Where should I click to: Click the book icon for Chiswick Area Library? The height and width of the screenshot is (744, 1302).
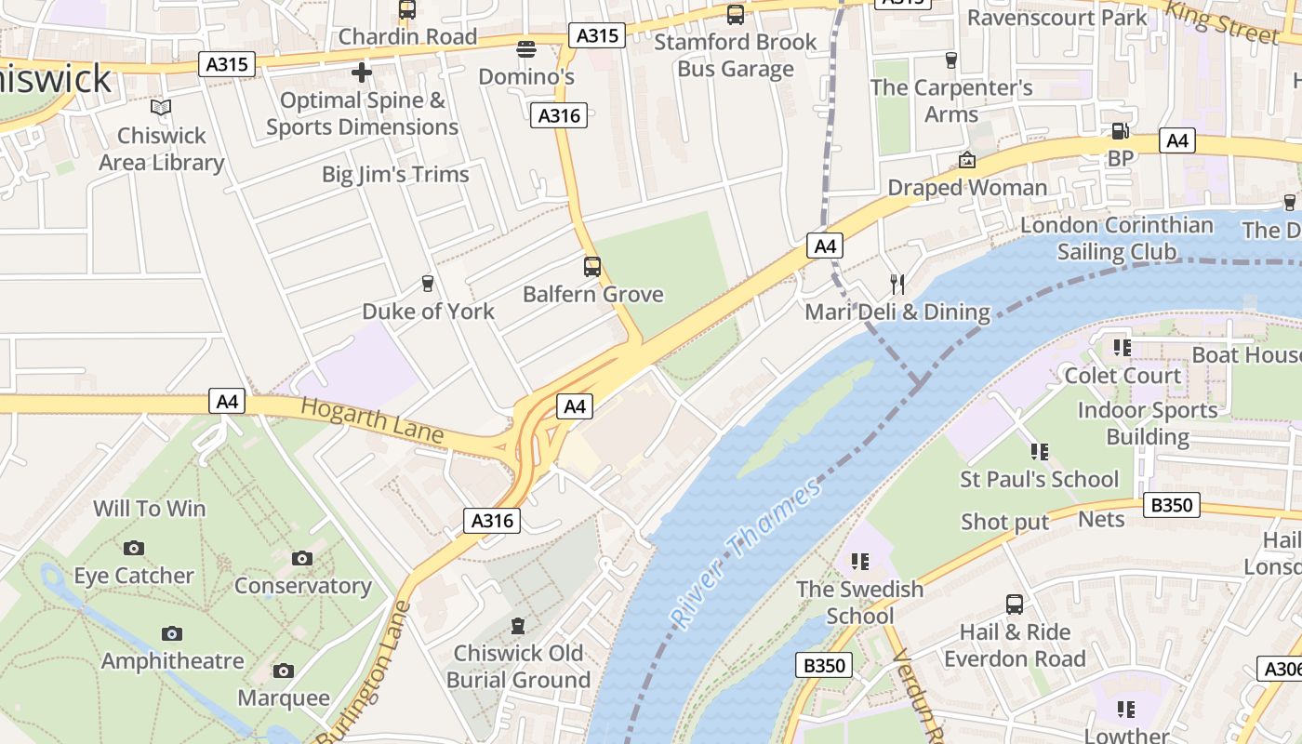pyautogui.click(x=161, y=108)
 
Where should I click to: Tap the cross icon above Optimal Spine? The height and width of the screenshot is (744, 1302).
pyautogui.click(x=362, y=72)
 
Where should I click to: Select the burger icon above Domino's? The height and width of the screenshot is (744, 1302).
pyautogui.click(x=526, y=48)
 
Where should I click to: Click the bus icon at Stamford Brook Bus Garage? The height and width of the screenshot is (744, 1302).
pyautogui.click(x=736, y=14)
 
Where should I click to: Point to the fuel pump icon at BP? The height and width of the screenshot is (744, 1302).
pyautogui.click(x=1120, y=131)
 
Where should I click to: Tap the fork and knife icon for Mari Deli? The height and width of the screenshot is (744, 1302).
pyautogui.click(x=897, y=284)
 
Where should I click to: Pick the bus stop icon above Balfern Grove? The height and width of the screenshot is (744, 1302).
pyautogui.click(x=592, y=267)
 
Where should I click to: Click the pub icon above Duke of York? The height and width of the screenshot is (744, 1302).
pyautogui.click(x=428, y=283)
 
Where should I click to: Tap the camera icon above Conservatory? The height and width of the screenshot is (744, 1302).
pyautogui.click(x=302, y=558)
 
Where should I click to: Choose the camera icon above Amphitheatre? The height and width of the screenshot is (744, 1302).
pyautogui.click(x=172, y=633)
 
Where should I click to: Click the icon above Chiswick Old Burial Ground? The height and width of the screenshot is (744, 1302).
pyautogui.click(x=518, y=626)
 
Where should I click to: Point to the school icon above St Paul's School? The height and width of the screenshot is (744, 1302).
pyautogui.click(x=1039, y=452)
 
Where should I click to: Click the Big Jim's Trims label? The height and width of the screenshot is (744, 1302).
pyautogui.click(x=395, y=174)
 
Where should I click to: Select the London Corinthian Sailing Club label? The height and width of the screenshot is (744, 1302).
pyautogui.click(x=1116, y=238)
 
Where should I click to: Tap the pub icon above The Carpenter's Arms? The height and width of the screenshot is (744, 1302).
pyautogui.click(x=950, y=60)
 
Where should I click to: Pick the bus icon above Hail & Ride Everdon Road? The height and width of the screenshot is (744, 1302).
pyautogui.click(x=1015, y=604)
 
